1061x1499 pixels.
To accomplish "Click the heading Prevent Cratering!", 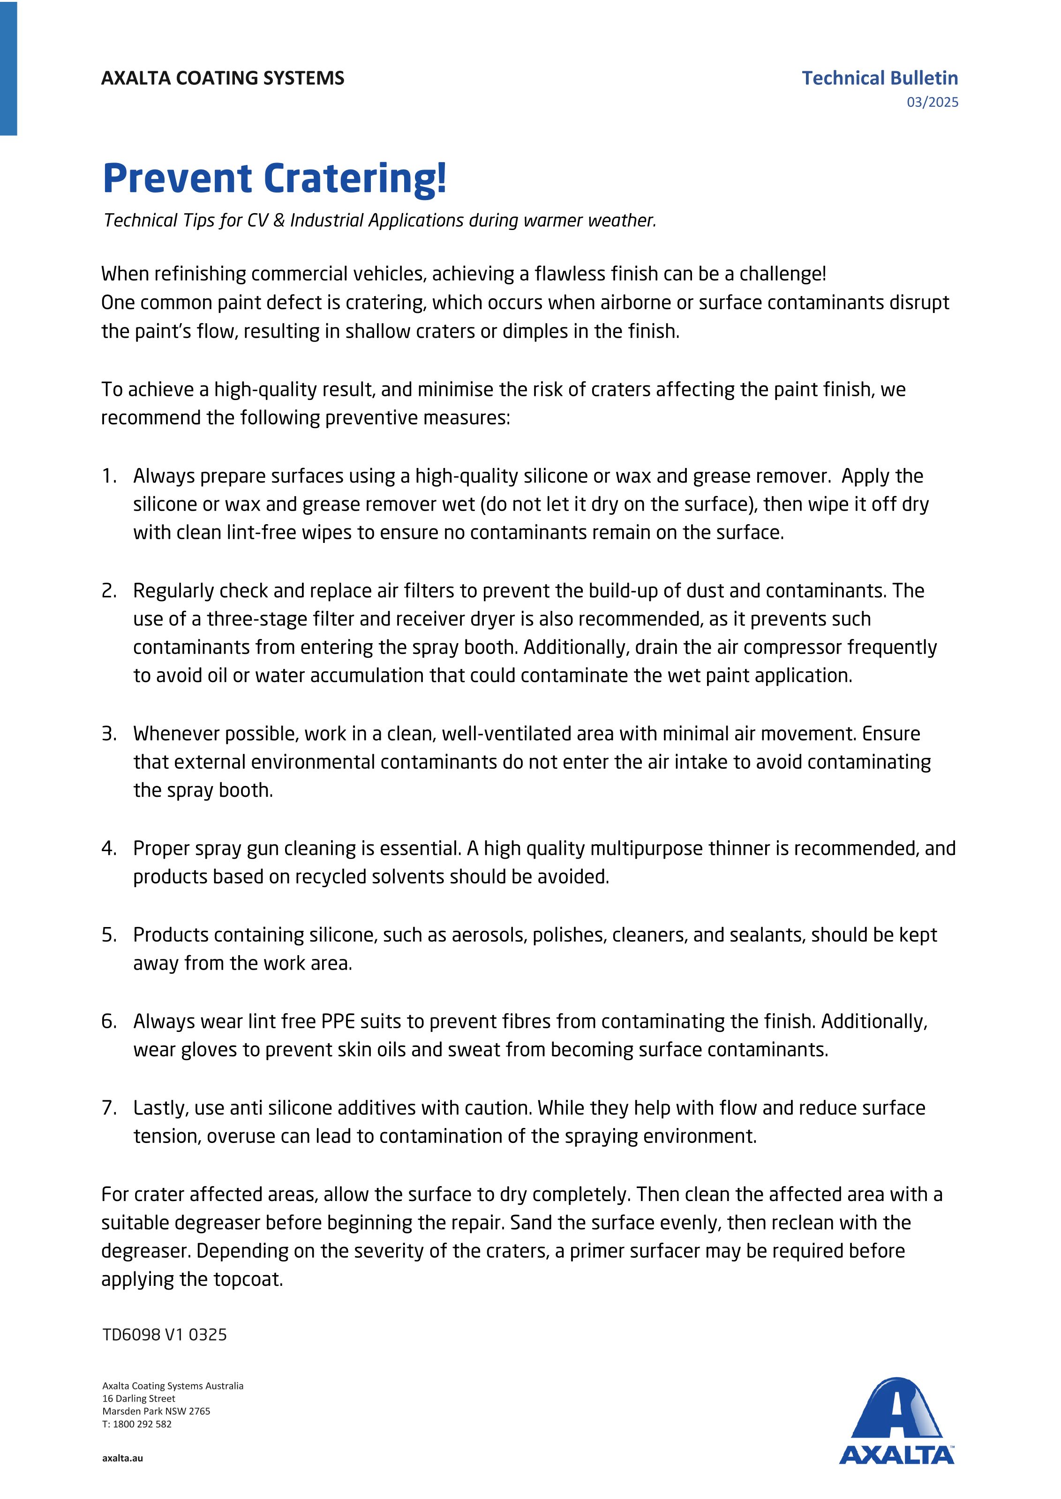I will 274,178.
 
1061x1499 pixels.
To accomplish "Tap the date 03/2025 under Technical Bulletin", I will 932,102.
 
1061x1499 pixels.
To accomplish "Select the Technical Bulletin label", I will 880,78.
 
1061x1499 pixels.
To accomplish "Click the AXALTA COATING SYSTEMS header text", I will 222,78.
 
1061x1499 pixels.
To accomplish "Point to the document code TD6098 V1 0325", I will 164,1335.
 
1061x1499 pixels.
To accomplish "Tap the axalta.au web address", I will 122,1458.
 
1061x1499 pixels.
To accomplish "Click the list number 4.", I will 108,848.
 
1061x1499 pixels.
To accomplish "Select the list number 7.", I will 108,1108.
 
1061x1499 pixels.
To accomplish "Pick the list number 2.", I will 108,591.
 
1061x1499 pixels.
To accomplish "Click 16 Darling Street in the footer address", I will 138,1398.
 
